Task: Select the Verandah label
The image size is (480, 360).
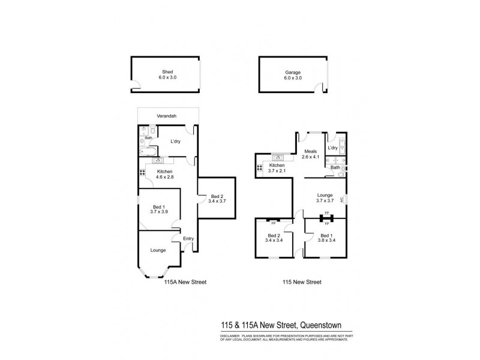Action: click(167, 117)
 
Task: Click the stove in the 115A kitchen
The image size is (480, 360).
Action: click(142, 172)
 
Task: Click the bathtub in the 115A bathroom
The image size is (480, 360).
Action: click(146, 150)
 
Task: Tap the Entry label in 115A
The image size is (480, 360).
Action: click(188, 238)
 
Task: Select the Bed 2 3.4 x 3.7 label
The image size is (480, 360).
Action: click(217, 199)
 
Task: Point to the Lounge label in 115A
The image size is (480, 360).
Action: click(158, 250)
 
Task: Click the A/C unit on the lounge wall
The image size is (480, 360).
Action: click(342, 200)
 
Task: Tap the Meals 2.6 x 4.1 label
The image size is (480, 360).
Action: click(311, 154)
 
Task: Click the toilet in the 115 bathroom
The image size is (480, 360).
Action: click(343, 170)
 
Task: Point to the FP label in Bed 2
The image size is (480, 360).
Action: click(272, 223)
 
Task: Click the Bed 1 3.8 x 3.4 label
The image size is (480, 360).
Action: click(326, 238)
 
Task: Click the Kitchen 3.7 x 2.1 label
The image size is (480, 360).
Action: click(277, 167)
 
